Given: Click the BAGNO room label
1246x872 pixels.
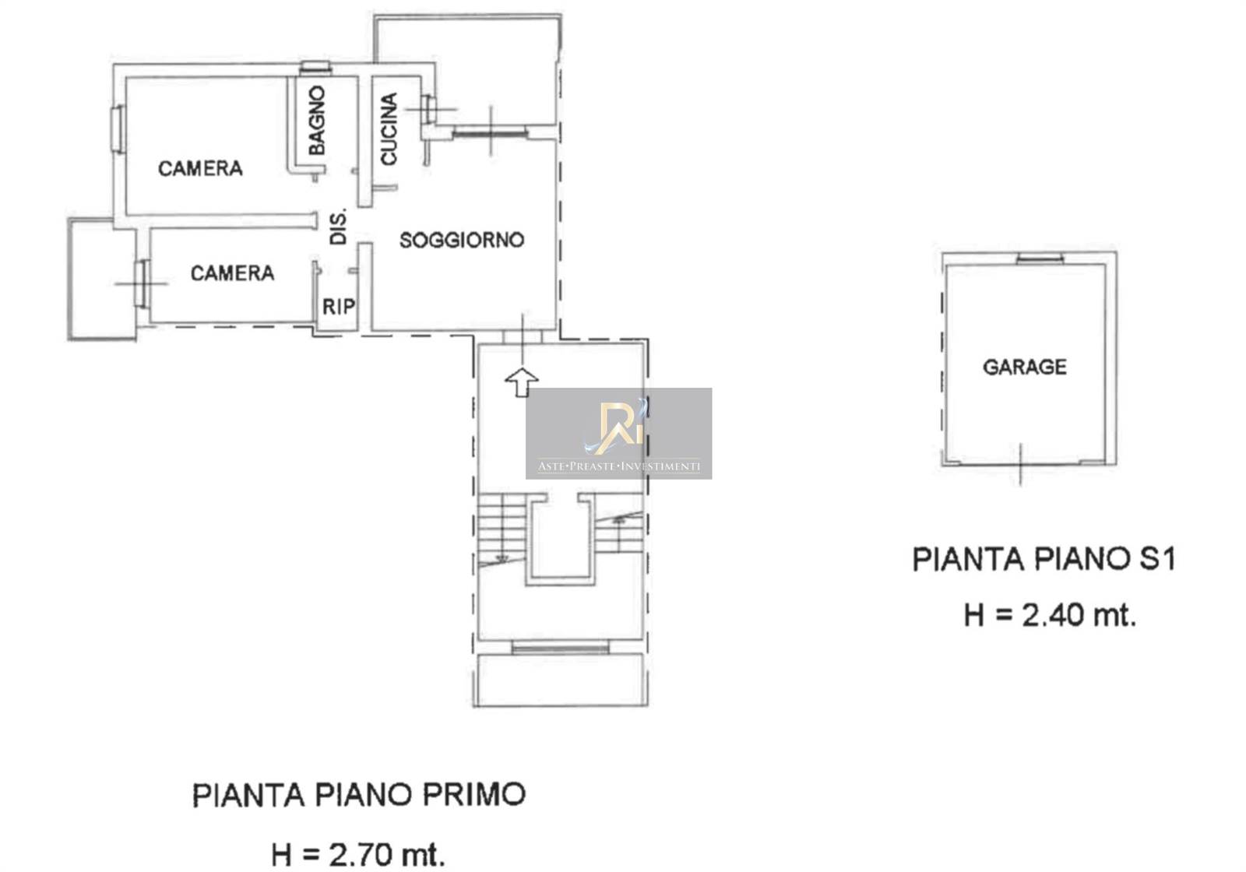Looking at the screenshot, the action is pyautogui.click(x=316, y=120).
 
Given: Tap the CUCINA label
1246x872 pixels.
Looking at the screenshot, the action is pyautogui.click(x=389, y=129).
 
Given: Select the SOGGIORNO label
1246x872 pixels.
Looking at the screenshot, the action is pyautogui.click(x=462, y=240).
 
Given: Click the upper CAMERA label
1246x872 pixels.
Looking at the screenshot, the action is pyautogui.click(x=200, y=168).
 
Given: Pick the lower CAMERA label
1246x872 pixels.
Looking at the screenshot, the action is pyautogui.click(x=233, y=273).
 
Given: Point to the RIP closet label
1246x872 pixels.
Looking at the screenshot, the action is pyautogui.click(x=339, y=307).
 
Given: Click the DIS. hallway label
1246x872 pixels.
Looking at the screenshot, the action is pyautogui.click(x=338, y=227).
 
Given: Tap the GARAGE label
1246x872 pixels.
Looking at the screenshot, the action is pyautogui.click(x=1025, y=367).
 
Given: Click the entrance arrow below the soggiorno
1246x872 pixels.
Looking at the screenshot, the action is pyautogui.click(x=521, y=382).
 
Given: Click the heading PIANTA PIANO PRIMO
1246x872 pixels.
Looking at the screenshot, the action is pyautogui.click(x=359, y=795).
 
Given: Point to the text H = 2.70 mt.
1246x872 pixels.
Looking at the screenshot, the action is pyautogui.click(x=358, y=854).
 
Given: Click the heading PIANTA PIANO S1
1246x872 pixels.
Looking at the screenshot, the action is pyautogui.click(x=1044, y=560).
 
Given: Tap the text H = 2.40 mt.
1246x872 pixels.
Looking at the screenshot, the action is pyautogui.click(x=1050, y=616).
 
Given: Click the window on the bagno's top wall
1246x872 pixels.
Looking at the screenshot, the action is pyautogui.click(x=315, y=68).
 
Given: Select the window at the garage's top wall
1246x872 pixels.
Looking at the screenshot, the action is pyautogui.click(x=1040, y=258).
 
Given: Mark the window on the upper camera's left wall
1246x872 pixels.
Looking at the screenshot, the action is pyautogui.click(x=117, y=128).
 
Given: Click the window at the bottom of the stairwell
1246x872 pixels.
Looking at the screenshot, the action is pyautogui.click(x=560, y=647).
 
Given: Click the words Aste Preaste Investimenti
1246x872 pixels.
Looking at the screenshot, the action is pyautogui.click(x=618, y=466).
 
